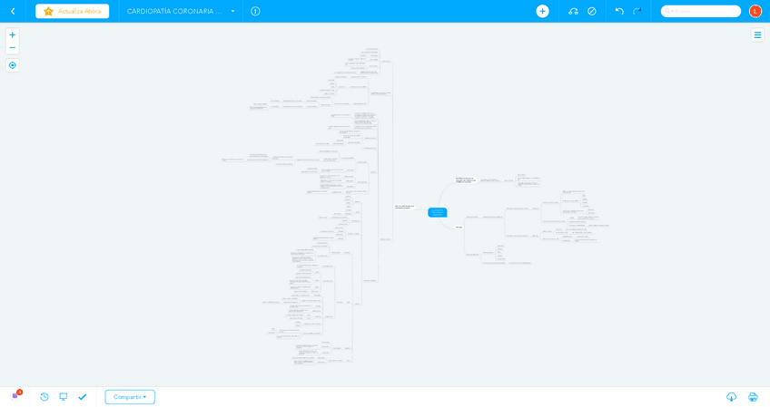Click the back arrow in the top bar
(13, 11)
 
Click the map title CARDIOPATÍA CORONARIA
(173, 11)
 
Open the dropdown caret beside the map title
(232, 11)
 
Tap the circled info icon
(255, 11)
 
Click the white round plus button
(542, 11)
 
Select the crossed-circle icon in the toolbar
(592, 11)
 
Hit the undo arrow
(619, 11)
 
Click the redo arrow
(637, 11)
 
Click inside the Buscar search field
(704, 11)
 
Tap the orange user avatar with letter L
(755, 11)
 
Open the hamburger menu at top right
(757, 34)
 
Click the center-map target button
(12, 65)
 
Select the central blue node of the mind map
(437, 212)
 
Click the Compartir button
(130, 397)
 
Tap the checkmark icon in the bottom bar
(83, 397)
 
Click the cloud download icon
(731, 397)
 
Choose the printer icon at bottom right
(753, 397)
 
